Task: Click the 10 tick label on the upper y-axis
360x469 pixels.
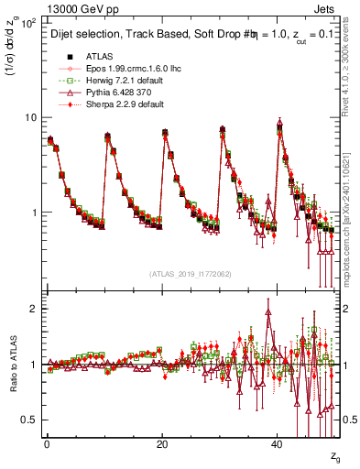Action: point(30,117)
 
